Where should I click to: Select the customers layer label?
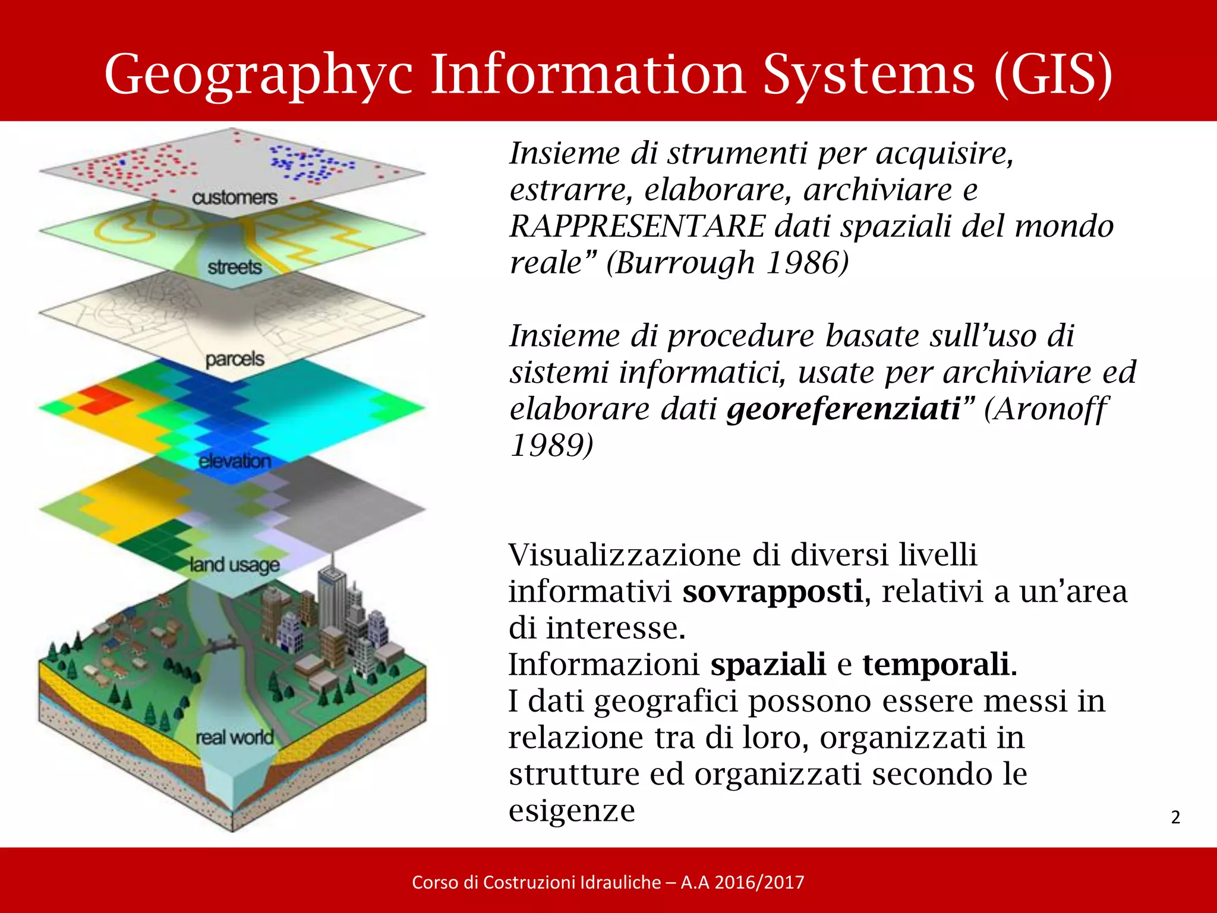pos(234,197)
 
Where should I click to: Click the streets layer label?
pos(234,267)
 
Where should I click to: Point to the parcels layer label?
pos(234,359)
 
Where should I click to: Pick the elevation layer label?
pos(234,461)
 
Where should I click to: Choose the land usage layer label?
pos(234,564)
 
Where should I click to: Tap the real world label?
pos(234,738)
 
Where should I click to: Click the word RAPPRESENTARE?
pos(638,226)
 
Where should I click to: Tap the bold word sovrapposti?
pos(773,591)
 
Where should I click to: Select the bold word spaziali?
pos(768,664)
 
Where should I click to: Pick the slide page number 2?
pos(1175,817)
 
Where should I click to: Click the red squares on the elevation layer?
pos(104,398)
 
